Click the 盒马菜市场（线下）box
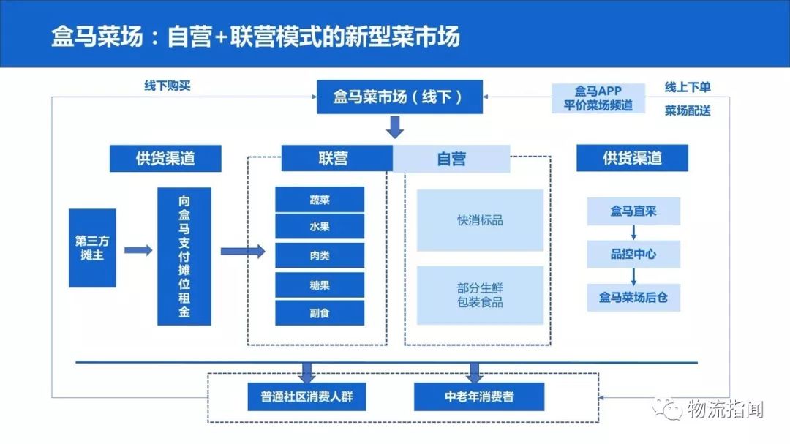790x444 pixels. click(x=399, y=97)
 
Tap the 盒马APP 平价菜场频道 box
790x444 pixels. click(x=598, y=98)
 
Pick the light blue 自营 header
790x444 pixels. click(x=451, y=158)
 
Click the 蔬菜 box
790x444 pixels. click(x=320, y=200)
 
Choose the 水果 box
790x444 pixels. click(x=320, y=227)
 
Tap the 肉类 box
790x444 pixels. click(x=320, y=256)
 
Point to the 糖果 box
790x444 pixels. click(x=320, y=285)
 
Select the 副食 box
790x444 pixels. click(x=320, y=313)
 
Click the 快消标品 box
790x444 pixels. click(x=480, y=220)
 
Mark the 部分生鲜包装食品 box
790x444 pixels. click(x=480, y=295)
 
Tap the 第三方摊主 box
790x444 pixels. click(x=92, y=248)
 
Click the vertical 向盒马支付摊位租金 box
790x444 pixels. click(x=184, y=256)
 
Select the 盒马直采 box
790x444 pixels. click(x=633, y=212)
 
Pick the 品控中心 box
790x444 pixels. click(x=633, y=255)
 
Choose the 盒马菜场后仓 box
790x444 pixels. click(x=633, y=298)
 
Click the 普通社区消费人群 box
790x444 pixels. click(x=306, y=397)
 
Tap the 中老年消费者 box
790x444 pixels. click(x=479, y=397)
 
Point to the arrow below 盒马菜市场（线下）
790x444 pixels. click(x=395, y=128)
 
